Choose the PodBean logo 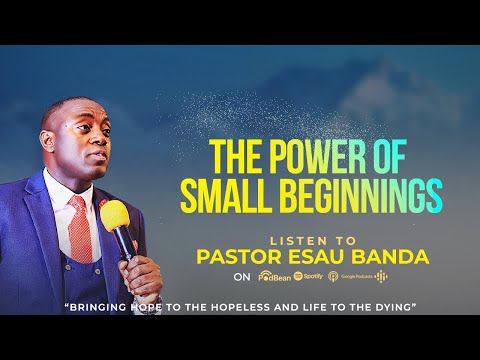pyautogui.click(x=274, y=275)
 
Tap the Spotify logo pyautogui.click(x=310, y=275)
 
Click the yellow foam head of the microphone pyautogui.click(x=113, y=214)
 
